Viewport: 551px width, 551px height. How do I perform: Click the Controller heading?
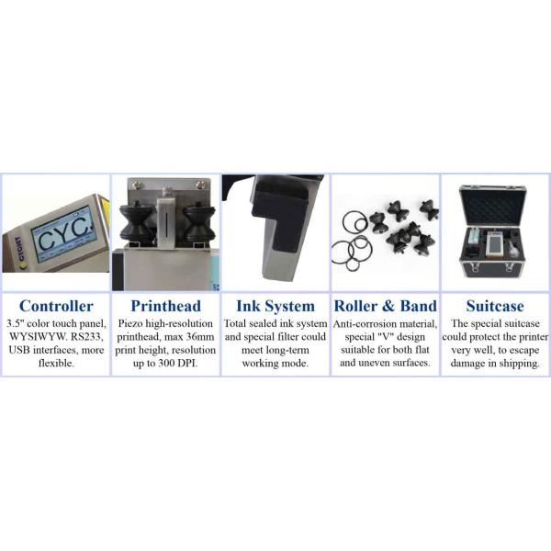[x=56, y=306]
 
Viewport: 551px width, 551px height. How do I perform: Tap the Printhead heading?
[x=166, y=306]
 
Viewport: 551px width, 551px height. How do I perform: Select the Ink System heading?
[x=275, y=306]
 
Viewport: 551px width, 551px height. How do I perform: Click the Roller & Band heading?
[x=386, y=306]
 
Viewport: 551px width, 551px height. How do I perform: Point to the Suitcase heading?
[x=495, y=306]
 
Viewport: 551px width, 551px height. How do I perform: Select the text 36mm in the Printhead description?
[x=200, y=337]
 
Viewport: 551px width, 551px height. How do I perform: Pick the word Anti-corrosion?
[x=365, y=323]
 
